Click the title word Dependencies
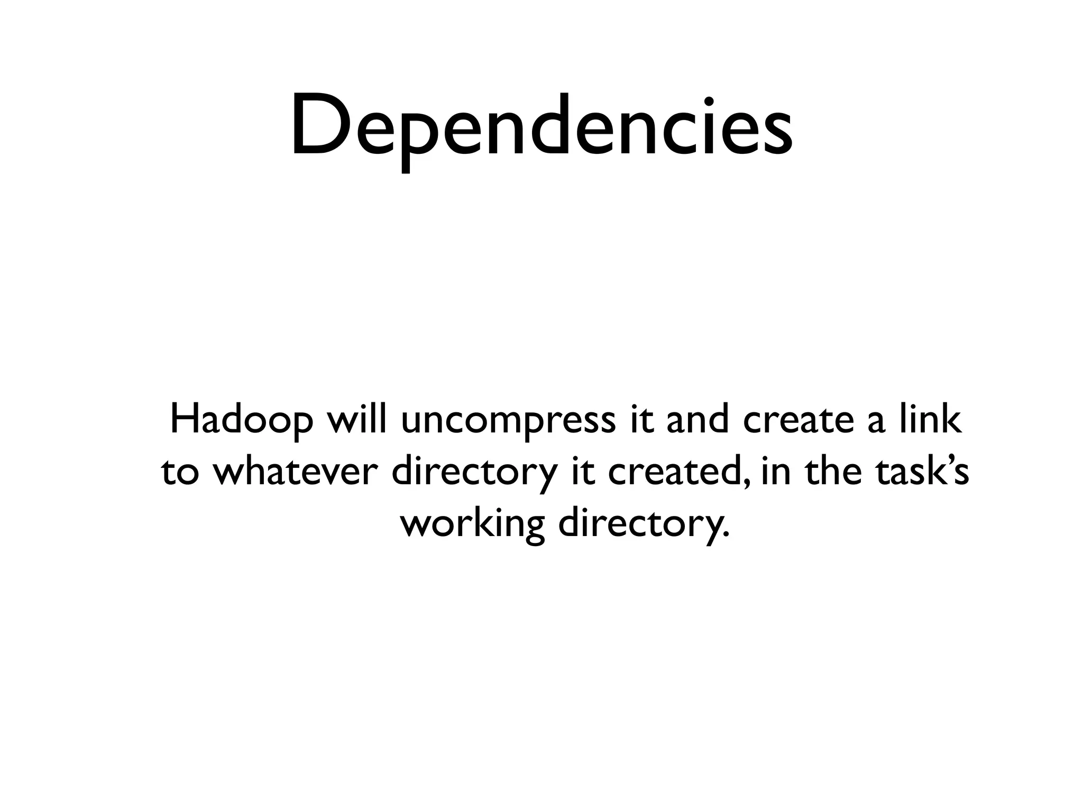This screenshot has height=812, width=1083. [x=541, y=127]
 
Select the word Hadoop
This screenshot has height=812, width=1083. [x=241, y=421]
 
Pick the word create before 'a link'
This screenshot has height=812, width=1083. [x=799, y=421]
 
